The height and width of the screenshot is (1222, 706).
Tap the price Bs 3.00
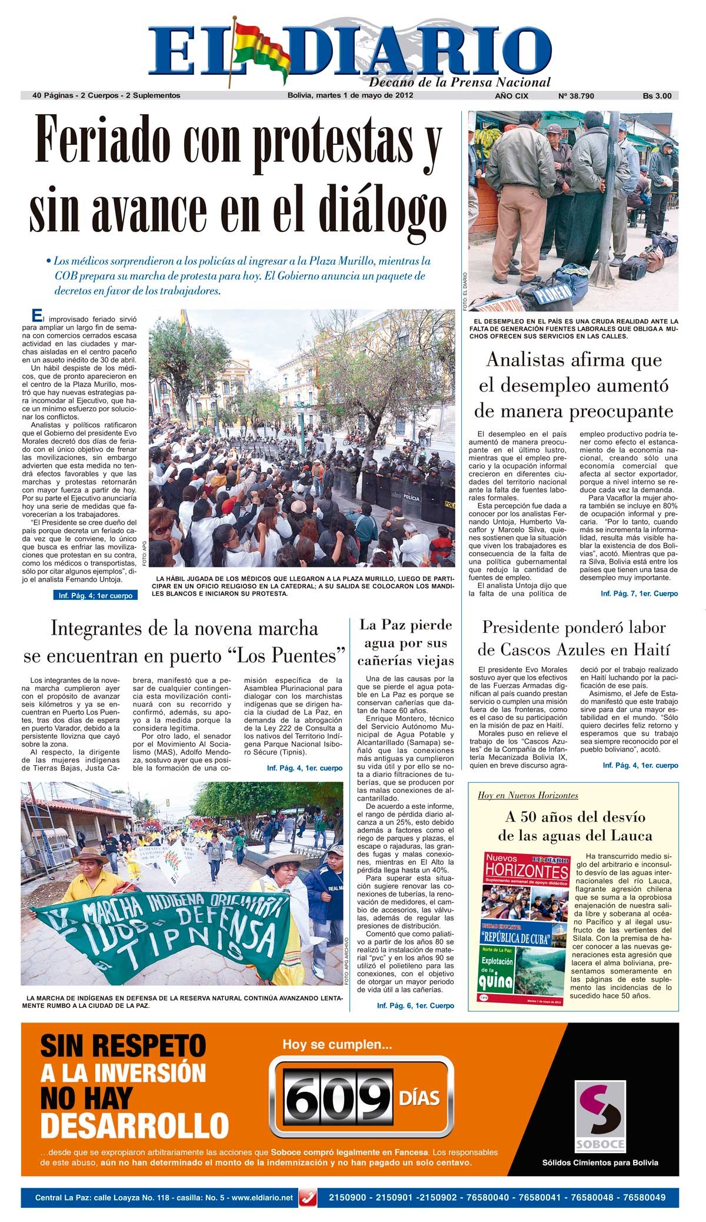pyautogui.click(x=657, y=95)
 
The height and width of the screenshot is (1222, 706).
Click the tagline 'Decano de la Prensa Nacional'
pyautogui.click(x=459, y=82)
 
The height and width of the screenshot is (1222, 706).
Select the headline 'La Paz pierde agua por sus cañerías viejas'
pyautogui.click(x=406, y=642)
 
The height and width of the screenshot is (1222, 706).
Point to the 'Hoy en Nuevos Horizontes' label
pyautogui.click(x=528, y=795)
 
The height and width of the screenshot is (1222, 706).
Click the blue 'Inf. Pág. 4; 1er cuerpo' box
pyautogui.click(x=95, y=596)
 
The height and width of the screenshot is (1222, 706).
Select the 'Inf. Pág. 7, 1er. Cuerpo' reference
pyautogui.click(x=639, y=593)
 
